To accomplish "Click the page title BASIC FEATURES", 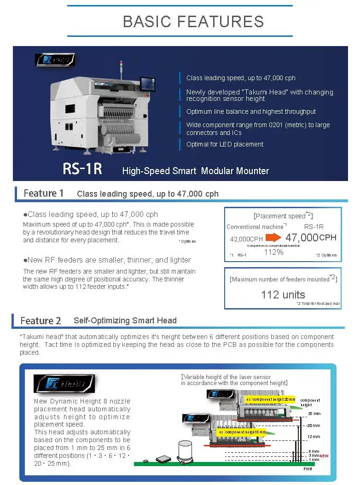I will coord(193,22).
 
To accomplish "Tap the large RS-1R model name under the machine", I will coord(82,169).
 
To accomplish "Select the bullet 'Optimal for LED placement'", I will coord(225,144).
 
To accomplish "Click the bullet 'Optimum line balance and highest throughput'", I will coord(251,111).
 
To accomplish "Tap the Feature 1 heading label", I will coord(44,193).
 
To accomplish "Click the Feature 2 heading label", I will coord(41,321).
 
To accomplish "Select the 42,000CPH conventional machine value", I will coord(246,239).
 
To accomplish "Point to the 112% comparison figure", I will coord(273,252).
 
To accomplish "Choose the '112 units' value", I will coord(283,295).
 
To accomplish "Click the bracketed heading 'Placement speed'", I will coord(283,216).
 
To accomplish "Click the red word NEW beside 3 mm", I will coord(325,456).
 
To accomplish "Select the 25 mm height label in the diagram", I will coord(314,414).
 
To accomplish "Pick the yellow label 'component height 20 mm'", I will coord(270,399).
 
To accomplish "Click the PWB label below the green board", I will coord(308,469).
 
